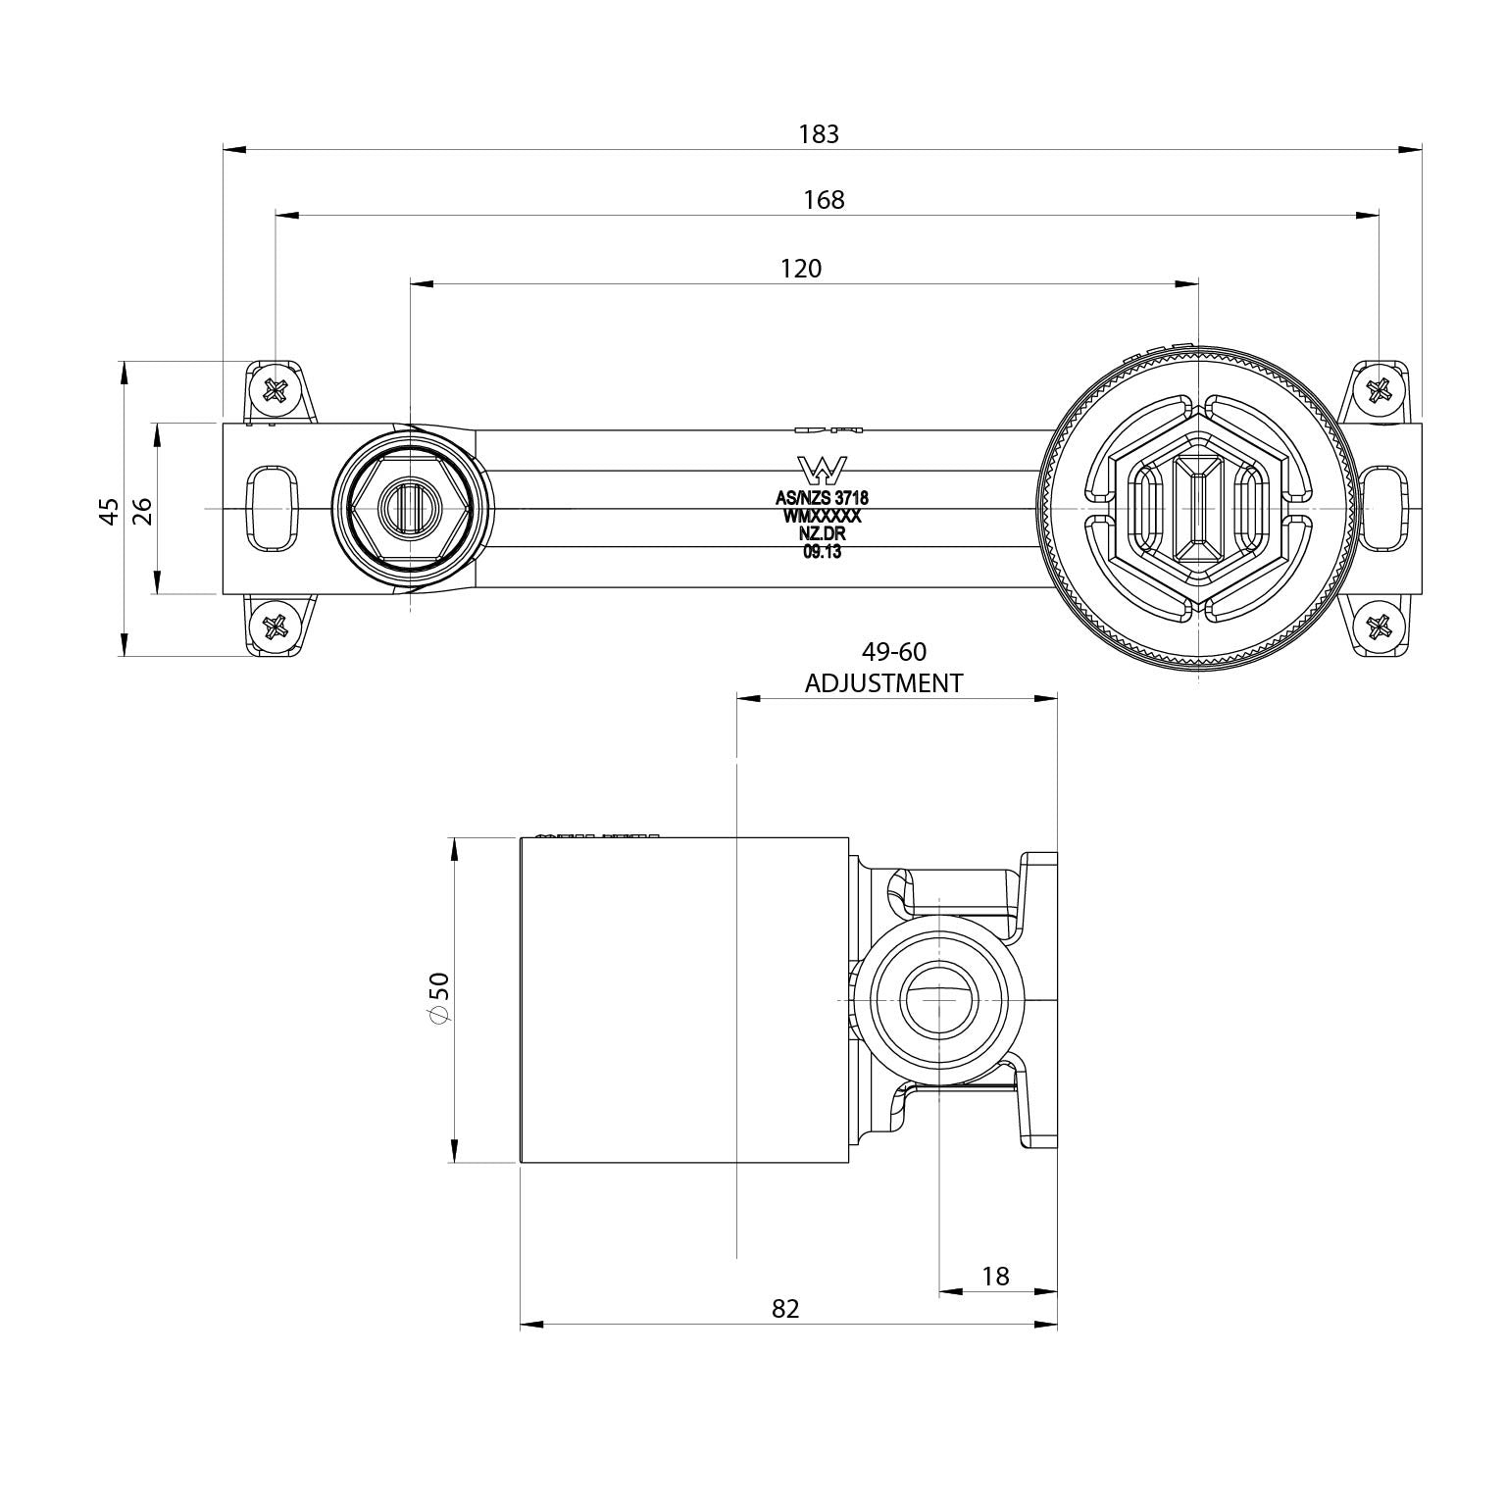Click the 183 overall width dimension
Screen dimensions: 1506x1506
tap(819, 134)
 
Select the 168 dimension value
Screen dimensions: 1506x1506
tap(824, 201)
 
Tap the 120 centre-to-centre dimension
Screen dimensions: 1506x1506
tap(801, 269)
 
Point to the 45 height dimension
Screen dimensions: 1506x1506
tap(111, 510)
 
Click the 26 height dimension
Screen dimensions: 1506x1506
tap(143, 510)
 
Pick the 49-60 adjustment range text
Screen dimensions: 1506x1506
tap(893, 652)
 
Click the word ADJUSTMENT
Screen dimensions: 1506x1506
tap(883, 683)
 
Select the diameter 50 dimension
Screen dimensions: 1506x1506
tap(439, 999)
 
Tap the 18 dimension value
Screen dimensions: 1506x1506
tap(995, 1276)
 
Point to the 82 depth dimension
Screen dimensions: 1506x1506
tap(785, 1309)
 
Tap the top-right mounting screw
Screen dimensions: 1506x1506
tap(1379, 391)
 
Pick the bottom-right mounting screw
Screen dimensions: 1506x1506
tap(1379, 626)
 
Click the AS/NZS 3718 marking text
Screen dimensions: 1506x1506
tap(822, 498)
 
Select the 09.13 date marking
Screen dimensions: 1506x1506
tap(822, 551)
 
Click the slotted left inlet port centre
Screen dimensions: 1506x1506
tap(410, 508)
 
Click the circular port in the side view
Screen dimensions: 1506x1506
tap(938, 999)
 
